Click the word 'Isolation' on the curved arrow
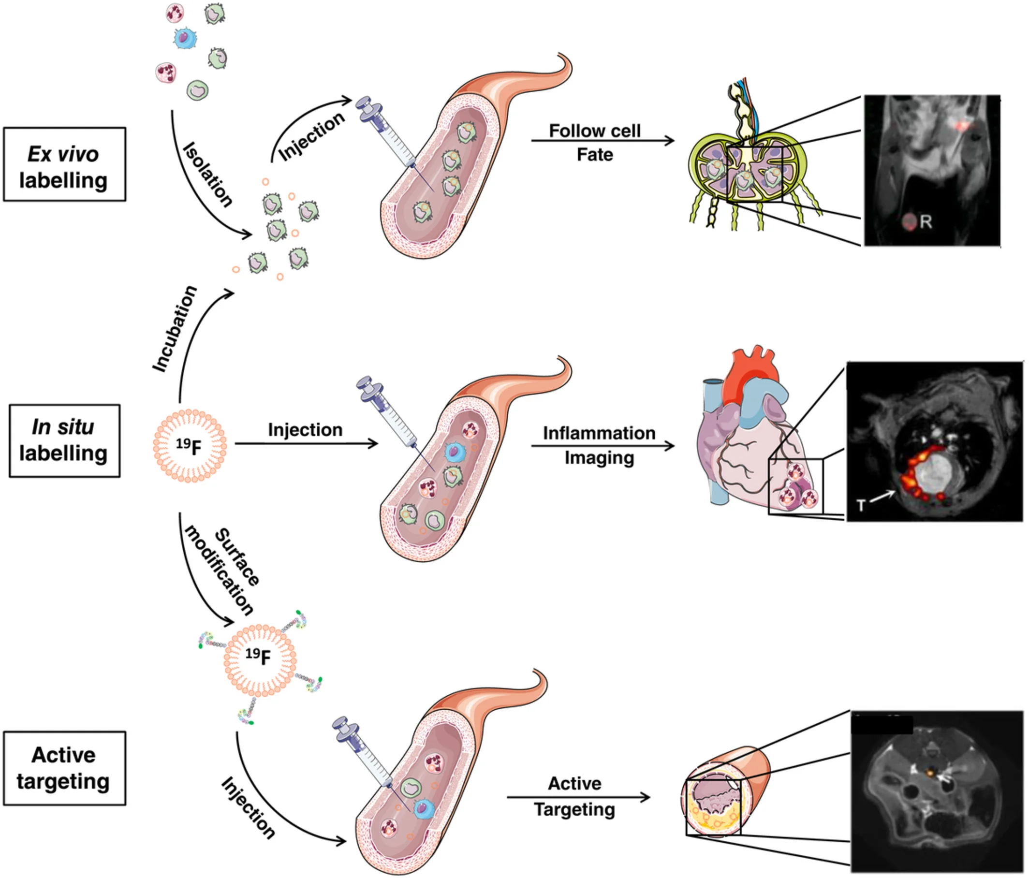[x=207, y=175]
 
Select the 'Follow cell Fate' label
[x=594, y=143]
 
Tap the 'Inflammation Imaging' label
[x=599, y=445]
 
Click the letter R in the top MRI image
[x=925, y=221]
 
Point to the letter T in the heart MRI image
[x=861, y=506]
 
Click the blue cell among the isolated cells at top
[x=184, y=38]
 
